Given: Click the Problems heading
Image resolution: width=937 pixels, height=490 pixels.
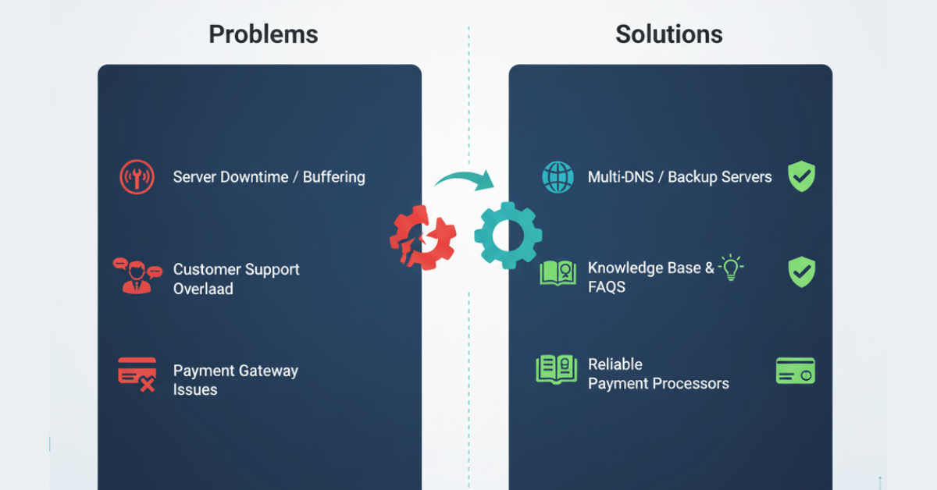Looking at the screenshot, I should [263, 34].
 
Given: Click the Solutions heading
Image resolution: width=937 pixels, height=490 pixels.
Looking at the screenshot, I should [668, 34].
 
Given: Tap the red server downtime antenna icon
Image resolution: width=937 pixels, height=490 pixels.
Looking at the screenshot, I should [137, 177].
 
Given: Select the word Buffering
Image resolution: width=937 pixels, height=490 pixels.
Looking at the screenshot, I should [333, 177].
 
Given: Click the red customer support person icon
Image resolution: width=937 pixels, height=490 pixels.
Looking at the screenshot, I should [137, 275].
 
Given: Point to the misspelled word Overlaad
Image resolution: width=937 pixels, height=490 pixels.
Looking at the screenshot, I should [203, 289].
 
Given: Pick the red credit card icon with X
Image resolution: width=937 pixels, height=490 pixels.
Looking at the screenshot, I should [137, 375].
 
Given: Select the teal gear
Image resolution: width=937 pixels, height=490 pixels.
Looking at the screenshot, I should [507, 235].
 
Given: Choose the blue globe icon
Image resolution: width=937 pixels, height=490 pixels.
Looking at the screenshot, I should [558, 177].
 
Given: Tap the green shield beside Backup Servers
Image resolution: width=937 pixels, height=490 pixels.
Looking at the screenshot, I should [800, 177].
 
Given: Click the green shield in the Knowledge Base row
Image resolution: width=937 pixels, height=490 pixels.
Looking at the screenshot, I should [800, 272].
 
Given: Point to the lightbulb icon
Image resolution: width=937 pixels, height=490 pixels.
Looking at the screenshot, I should [731, 268].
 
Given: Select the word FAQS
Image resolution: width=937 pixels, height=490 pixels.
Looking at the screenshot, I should [607, 287].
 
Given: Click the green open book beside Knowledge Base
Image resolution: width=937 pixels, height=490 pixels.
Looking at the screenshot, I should [558, 273].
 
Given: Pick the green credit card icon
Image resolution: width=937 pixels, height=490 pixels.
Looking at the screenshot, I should [795, 371].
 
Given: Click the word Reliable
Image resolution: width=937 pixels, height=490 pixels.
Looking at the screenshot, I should [615, 364].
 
